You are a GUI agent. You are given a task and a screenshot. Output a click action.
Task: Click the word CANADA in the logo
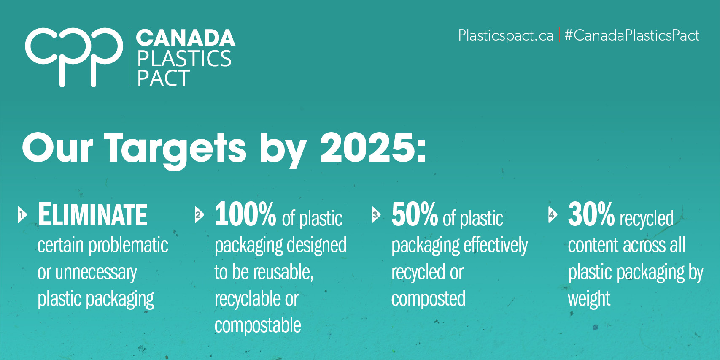[185, 38]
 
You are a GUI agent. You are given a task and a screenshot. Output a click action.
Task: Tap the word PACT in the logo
[164, 78]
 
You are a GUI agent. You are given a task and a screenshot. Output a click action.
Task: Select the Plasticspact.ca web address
[506, 35]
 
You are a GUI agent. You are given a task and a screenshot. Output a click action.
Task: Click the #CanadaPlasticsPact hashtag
[631, 35]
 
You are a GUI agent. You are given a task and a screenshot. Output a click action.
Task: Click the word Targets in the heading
[175, 149]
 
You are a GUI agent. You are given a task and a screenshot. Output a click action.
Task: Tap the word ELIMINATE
[92, 215]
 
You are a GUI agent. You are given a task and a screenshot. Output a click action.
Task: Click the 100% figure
[245, 214]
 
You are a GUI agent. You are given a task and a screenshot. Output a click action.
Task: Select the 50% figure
[415, 214]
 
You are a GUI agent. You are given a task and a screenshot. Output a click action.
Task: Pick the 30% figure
[591, 214]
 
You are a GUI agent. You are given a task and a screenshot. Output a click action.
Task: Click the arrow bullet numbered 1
[22, 215]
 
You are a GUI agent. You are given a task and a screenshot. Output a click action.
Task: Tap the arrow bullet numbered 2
[199, 215]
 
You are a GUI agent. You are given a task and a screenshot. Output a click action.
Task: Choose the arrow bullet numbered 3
[375, 215]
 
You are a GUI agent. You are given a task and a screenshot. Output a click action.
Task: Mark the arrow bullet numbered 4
[552, 215]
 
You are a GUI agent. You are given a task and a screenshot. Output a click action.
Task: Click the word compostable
[258, 325]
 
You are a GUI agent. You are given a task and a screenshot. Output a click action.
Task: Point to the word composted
[428, 299]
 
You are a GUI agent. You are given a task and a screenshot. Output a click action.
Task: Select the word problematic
[129, 246]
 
